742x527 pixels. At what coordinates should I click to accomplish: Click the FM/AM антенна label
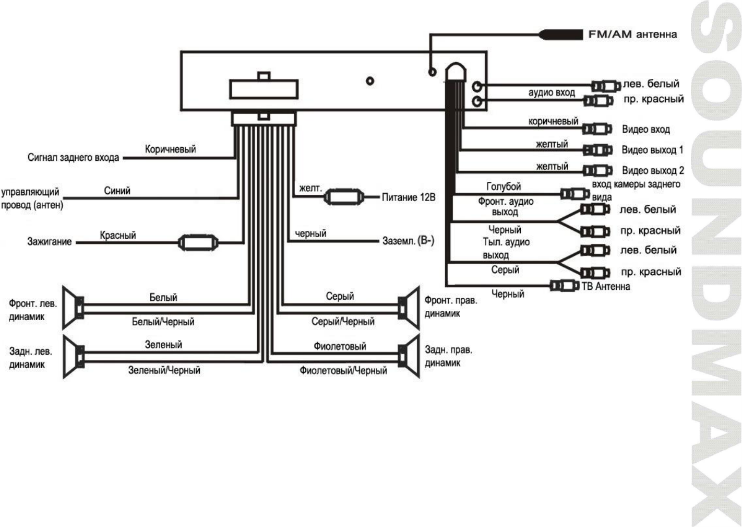(x=632, y=34)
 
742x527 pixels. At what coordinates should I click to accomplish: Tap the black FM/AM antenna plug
(x=561, y=34)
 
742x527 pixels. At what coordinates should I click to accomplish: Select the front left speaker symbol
(x=73, y=308)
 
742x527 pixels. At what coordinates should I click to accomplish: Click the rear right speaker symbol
(x=409, y=356)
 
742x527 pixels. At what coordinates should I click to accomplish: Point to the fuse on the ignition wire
(x=198, y=243)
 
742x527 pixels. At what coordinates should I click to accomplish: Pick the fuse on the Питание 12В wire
(x=344, y=197)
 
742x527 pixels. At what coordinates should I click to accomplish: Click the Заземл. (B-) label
(x=408, y=241)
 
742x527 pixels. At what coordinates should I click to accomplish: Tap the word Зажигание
(x=50, y=241)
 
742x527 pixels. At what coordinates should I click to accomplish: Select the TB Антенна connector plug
(x=565, y=286)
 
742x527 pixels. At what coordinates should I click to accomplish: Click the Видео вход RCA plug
(x=597, y=129)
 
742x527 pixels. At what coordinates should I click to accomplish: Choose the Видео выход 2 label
(x=653, y=170)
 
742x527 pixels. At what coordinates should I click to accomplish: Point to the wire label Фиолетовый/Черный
(x=343, y=370)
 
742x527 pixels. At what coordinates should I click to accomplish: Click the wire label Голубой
(x=504, y=186)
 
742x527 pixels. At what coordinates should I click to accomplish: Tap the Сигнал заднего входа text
(x=73, y=157)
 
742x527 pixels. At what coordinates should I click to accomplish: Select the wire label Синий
(x=117, y=191)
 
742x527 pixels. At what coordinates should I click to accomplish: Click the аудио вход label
(x=552, y=92)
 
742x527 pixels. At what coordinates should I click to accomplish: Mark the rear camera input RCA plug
(x=575, y=194)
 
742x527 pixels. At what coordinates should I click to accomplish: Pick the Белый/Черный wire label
(x=163, y=321)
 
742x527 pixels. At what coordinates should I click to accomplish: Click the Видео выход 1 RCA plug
(x=597, y=150)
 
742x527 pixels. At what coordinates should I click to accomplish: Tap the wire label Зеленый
(x=164, y=345)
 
